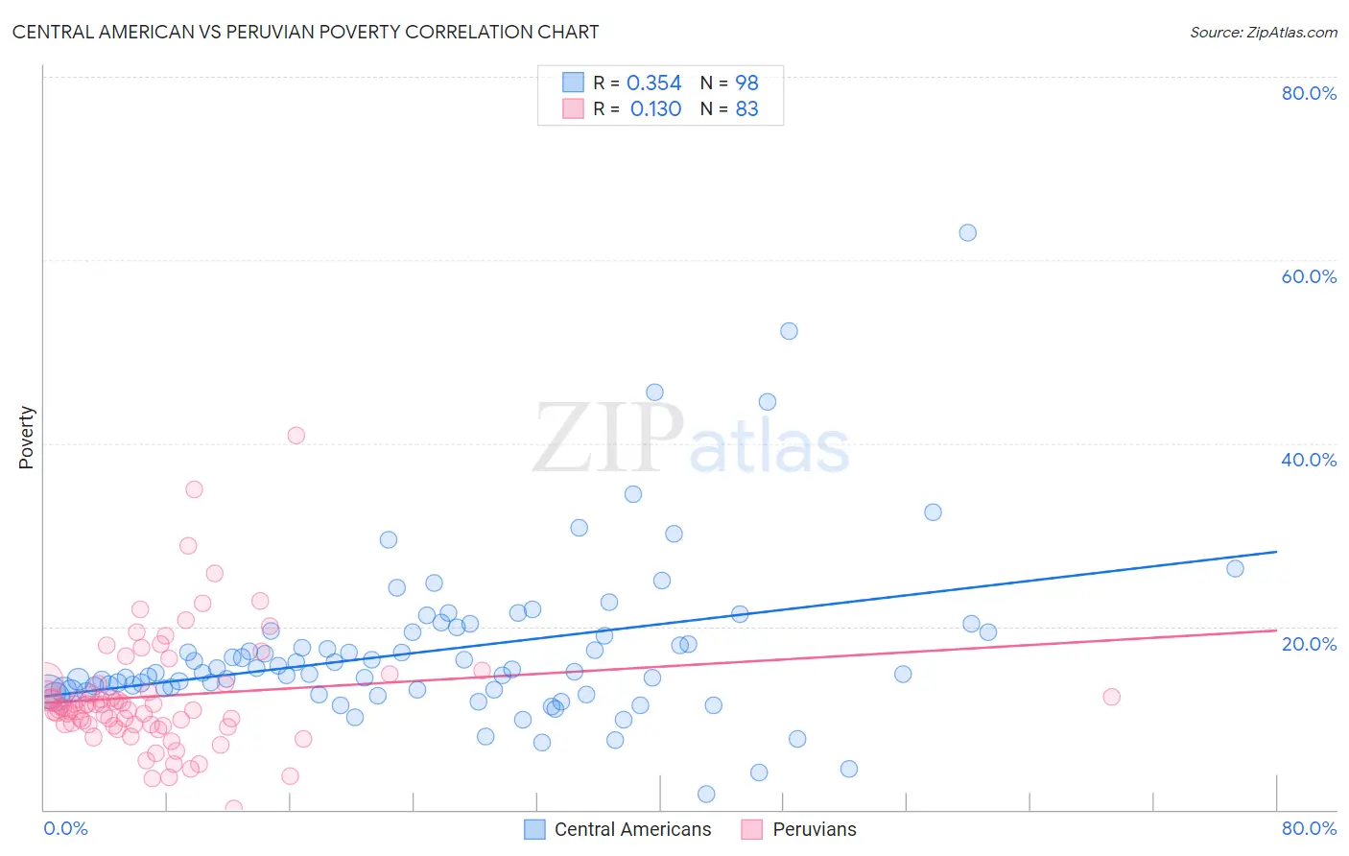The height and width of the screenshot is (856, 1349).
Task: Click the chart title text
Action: pos(305,32)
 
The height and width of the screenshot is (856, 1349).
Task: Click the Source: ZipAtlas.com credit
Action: pos(1263,32)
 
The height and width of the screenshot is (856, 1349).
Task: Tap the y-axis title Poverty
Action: pos(26,438)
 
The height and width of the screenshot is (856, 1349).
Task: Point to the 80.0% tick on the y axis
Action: pos(1309,93)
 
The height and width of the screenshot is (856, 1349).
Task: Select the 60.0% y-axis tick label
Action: pos(1309,276)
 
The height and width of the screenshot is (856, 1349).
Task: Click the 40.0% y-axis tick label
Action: pos(1309,460)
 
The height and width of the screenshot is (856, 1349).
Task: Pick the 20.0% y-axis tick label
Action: pos(1309,643)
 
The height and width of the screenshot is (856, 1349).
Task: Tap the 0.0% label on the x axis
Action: pos(65,828)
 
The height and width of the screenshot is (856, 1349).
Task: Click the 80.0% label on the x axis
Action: pos(1309,828)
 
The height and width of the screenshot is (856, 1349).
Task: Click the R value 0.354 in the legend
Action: pos(653,83)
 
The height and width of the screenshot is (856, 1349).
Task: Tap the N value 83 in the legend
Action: pos(746,109)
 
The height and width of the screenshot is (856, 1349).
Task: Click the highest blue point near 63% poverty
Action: pos(967,233)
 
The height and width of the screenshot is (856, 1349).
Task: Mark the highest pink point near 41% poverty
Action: pos(296,436)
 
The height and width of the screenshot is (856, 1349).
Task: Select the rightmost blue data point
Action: pos(1235,569)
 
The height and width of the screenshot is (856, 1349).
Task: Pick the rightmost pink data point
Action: pos(1111,697)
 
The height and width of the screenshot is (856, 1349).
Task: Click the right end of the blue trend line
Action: pos(1276,552)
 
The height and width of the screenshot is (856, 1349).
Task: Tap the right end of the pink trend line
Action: pos(1276,630)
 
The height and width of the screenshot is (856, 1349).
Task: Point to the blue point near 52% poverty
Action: pos(789,331)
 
